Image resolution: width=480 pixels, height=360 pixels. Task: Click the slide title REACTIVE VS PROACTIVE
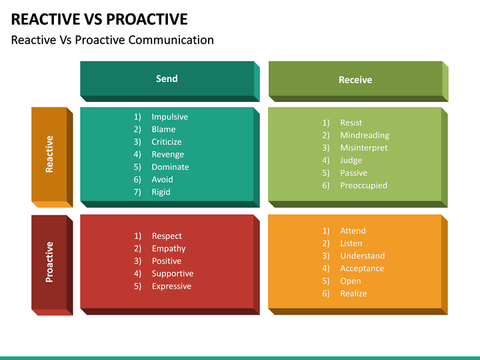click(x=99, y=19)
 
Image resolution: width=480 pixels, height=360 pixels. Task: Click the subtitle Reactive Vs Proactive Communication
click(x=113, y=40)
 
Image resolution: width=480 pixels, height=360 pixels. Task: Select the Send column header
click(x=167, y=79)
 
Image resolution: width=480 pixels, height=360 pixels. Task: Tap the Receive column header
click(x=355, y=80)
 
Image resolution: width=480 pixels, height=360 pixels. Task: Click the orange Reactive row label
click(x=49, y=154)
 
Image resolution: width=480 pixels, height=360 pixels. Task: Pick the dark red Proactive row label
click(x=49, y=261)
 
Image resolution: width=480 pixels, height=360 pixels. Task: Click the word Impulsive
click(x=169, y=117)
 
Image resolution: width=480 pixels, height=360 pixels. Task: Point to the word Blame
click(x=163, y=129)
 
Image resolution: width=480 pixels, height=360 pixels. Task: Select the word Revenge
click(x=167, y=154)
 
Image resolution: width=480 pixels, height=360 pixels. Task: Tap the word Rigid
click(x=161, y=192)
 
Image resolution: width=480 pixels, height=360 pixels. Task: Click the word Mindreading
click(x=364, y=135)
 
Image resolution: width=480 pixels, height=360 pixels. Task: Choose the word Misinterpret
click(x=363, y=148)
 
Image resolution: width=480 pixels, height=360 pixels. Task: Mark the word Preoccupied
click(x=363, y=185)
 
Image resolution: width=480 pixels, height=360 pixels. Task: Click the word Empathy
click(x=168, y=249)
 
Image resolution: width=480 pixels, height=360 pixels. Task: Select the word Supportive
click(x=172, y=273)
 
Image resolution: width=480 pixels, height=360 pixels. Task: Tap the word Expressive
click(x=171, y=286)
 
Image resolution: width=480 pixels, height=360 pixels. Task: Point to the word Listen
click(x=351, y=243)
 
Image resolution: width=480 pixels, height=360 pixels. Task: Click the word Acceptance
click(x=362, y=268)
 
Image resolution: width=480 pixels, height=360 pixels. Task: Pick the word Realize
click(x=353, y=293)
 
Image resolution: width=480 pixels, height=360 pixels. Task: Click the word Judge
click(x=351, y=160)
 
